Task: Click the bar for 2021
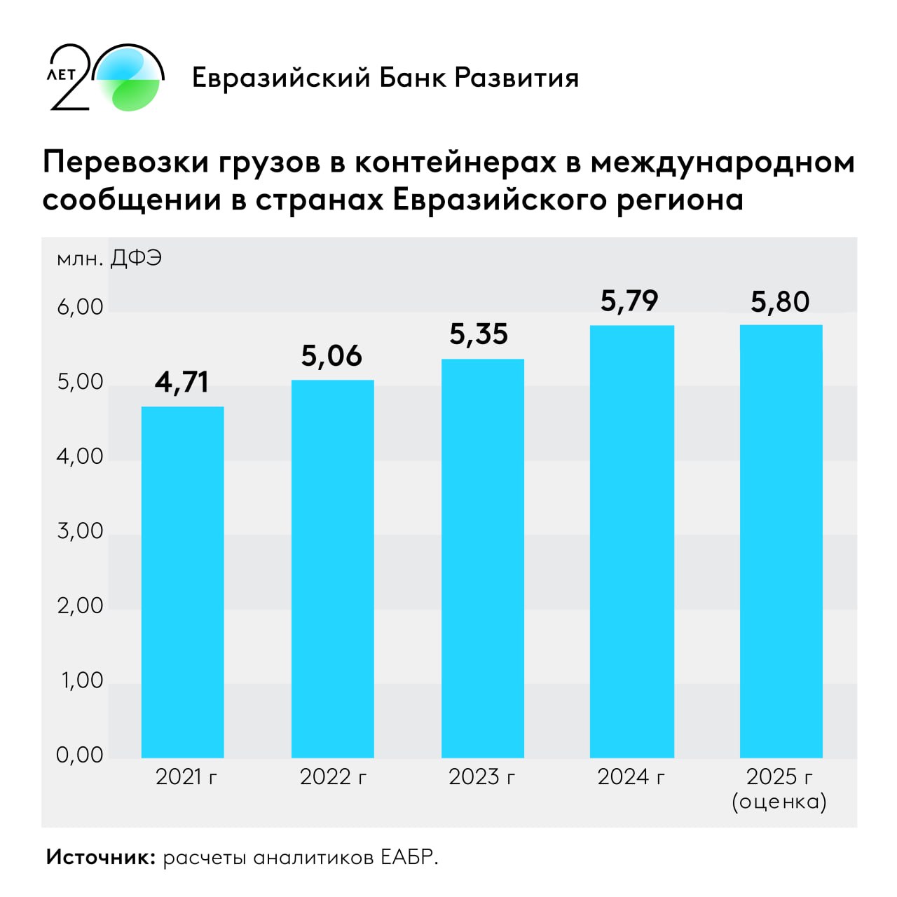coord(182,582)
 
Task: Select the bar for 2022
coord(332,568)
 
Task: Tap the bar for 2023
coord(482,558)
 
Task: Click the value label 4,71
coord(182,382)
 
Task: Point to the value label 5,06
coord(331,356)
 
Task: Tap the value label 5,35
coord(479,334)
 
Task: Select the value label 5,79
coord(629,301)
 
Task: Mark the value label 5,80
coord(780,301)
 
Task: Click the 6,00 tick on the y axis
coord(80,307)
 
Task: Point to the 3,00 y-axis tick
coord(80,530)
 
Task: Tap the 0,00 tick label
coord(80,755)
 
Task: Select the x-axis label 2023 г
coord(482,776)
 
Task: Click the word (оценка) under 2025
coord(779,801)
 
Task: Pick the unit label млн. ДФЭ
coord(109,259)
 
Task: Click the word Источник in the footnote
coord(100,856)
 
